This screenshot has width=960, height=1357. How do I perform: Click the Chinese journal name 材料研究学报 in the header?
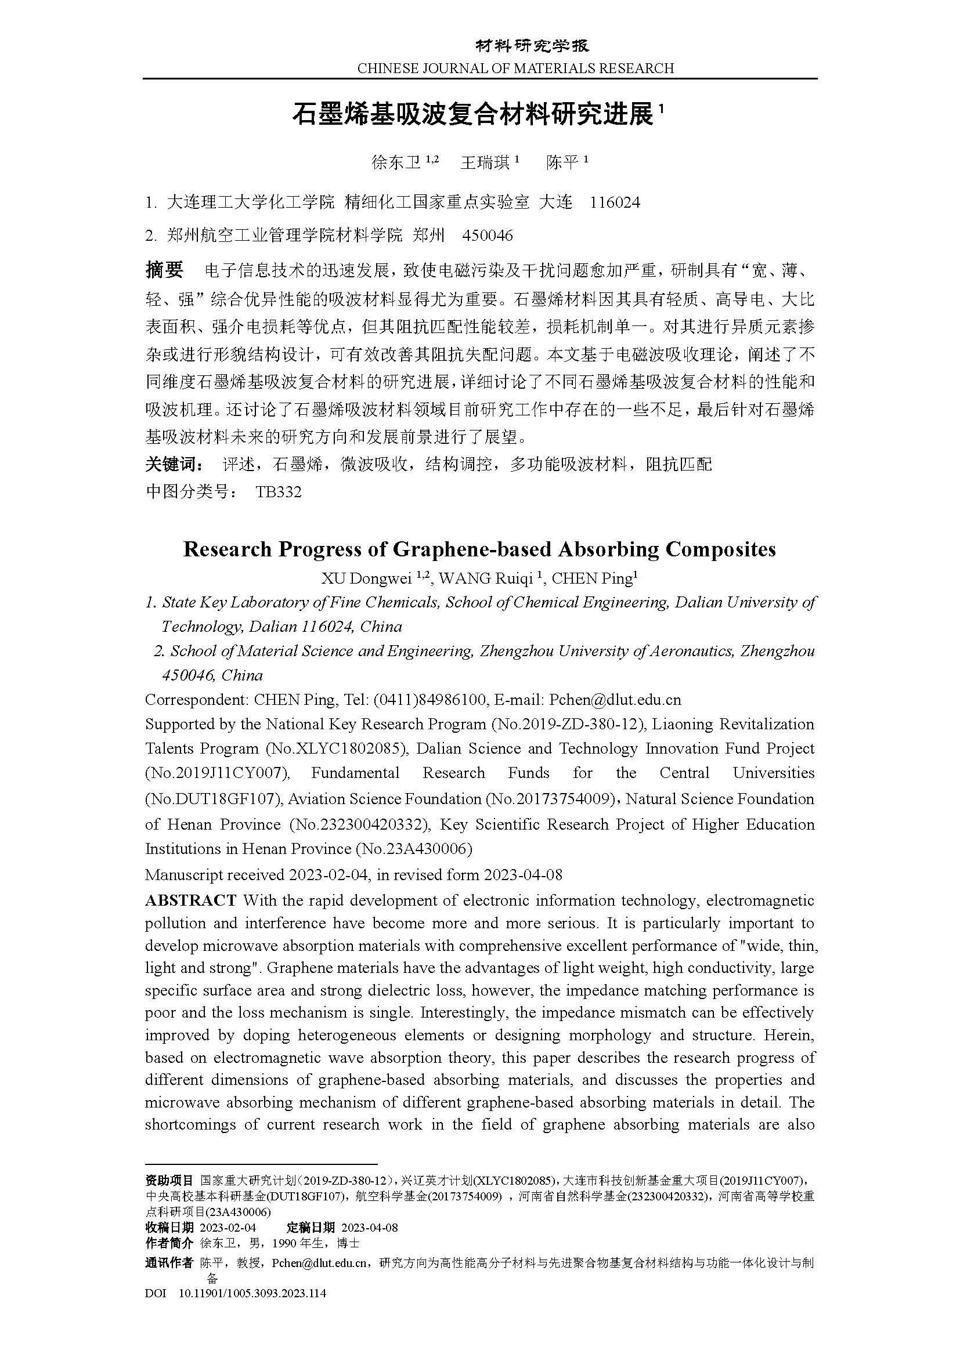(533, 45)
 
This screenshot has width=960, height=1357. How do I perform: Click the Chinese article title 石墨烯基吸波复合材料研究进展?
(474, 114)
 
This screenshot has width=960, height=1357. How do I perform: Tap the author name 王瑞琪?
(485, 162)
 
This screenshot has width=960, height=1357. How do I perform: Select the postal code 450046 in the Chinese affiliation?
(488, 236)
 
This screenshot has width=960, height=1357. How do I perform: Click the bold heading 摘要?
(164, 270)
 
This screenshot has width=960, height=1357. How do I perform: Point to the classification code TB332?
(279, 492)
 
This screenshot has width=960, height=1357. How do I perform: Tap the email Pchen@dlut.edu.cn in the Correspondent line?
(615, 700)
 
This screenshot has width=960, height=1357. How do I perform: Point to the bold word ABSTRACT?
(191, 900)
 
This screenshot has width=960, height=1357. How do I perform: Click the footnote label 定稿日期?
(311, 1228)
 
